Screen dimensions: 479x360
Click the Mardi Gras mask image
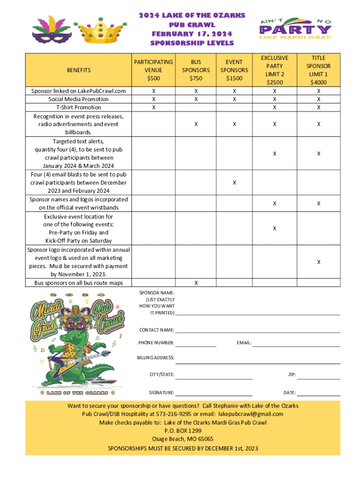48,30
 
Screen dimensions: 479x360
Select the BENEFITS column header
78,70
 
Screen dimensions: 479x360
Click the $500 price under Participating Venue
153,78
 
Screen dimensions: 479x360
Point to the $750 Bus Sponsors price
196,78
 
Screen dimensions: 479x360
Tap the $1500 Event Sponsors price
234,78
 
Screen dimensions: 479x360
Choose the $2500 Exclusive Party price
274,82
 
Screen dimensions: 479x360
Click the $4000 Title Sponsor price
318,82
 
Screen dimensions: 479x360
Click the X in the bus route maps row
196,283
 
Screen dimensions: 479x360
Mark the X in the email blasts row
234,182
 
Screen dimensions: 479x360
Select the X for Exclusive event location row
274,228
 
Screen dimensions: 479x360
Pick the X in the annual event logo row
318,262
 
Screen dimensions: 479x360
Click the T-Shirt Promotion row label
78,108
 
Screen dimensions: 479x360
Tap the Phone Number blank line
196,345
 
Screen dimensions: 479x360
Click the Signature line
214,395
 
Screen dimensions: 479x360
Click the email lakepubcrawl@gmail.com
251,414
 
